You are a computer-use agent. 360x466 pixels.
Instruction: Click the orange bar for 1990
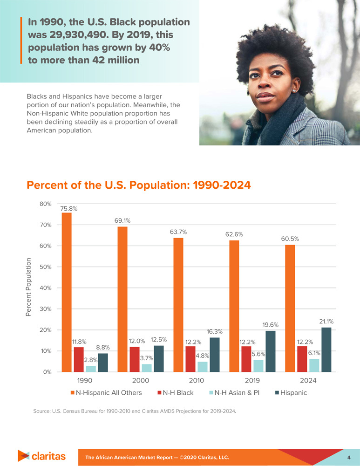(67, 292)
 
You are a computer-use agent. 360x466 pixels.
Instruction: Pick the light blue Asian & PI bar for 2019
(258, 366)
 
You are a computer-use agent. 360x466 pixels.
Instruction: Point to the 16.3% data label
(215, 331)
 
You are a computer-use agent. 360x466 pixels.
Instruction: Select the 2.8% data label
(90, 360)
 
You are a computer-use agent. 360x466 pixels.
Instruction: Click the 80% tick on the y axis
(45, 204)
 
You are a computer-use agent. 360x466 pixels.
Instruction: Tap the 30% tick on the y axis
(45, 309)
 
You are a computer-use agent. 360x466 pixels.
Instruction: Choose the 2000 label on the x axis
(140, 381)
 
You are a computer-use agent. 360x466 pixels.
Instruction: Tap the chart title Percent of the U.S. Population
(139, 185)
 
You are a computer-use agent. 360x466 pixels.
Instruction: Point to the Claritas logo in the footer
(41, 456)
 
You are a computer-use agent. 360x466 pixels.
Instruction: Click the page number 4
(348, 457)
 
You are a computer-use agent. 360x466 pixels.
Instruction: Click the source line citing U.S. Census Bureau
(135, 411)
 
